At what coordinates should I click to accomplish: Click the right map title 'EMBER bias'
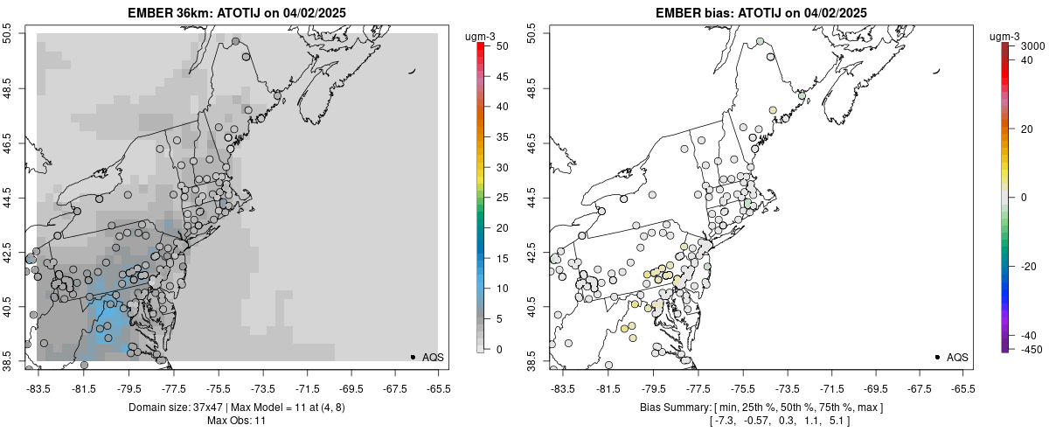click(x=690, y=12)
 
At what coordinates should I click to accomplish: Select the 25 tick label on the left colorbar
click(x=495, y=197)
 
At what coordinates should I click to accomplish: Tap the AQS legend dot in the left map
click(x=413, y=357)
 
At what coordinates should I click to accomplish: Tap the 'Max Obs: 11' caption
click(x=236, y=421)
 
